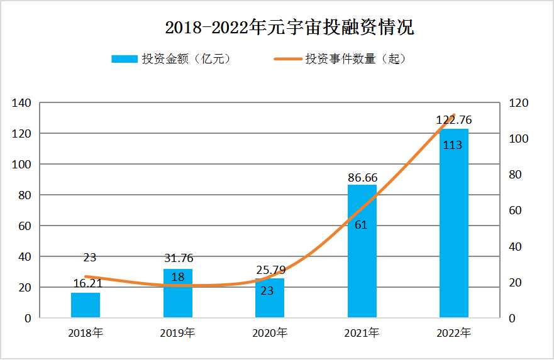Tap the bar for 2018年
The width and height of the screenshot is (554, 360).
point(86,305)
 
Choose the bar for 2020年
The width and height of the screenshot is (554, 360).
point(270,298)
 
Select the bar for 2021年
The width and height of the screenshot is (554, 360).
point(362,251)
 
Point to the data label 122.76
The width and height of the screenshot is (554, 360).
point(454,120)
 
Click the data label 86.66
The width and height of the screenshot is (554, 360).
point(362,178)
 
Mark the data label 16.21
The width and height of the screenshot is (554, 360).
point(86,284)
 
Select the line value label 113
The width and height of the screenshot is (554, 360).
point(453,145)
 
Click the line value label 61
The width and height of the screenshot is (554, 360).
point(361,224)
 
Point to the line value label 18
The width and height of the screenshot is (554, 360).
point(178,277)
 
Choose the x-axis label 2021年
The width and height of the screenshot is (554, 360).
point(362,333)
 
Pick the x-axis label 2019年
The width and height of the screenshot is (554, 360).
point(178,333)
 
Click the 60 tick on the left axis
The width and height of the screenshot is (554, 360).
point(24,226)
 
